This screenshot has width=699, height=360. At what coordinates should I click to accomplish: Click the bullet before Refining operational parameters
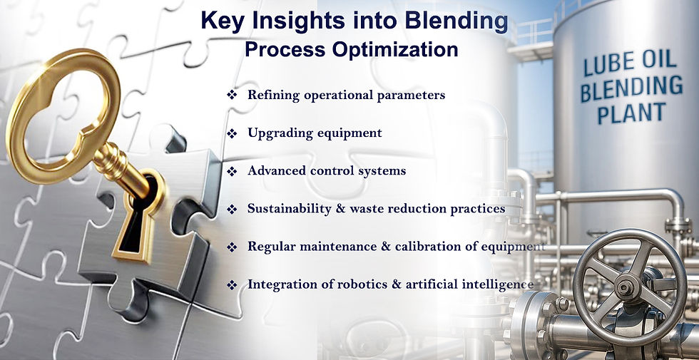point(232,95)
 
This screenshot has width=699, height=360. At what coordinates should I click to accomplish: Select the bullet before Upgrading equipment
point(232,133)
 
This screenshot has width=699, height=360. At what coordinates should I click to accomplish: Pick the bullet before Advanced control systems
point(232,171)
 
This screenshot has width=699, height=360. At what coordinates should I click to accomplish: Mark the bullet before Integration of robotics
point(232,285)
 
